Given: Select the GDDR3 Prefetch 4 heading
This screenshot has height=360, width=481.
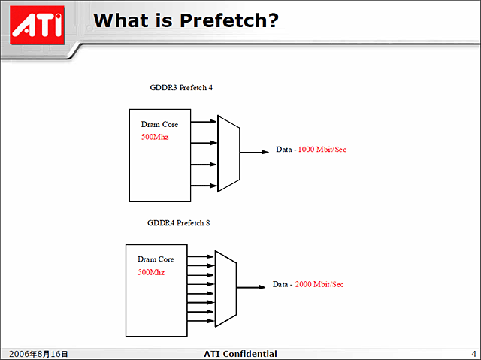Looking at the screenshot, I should coord(181,87).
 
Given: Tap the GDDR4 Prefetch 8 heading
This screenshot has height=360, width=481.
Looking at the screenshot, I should coord(178,223).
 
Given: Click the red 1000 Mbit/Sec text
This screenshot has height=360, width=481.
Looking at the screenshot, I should coord(322,150).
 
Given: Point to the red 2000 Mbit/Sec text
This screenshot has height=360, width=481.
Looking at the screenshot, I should coord(319,284).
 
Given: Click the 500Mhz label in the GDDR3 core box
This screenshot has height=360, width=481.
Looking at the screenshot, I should coord(155,138).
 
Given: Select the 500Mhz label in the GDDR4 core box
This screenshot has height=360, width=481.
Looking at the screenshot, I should coord(151,272).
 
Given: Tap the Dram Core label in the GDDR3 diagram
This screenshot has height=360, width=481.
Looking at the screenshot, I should coord(159,125).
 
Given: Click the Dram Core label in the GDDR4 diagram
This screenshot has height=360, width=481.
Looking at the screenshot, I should coord(156,259).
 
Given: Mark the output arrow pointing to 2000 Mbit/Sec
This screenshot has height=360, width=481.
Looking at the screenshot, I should coord(251,286).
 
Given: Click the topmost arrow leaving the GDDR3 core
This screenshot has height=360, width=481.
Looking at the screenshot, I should coord(204,120).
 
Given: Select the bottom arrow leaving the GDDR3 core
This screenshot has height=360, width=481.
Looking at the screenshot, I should coord(204,186).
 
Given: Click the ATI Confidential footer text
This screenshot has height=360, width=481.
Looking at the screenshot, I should coord(240,354).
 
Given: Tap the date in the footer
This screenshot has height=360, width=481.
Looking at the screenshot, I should coord(38,354).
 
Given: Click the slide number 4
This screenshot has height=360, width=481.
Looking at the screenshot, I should coord(473,354).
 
